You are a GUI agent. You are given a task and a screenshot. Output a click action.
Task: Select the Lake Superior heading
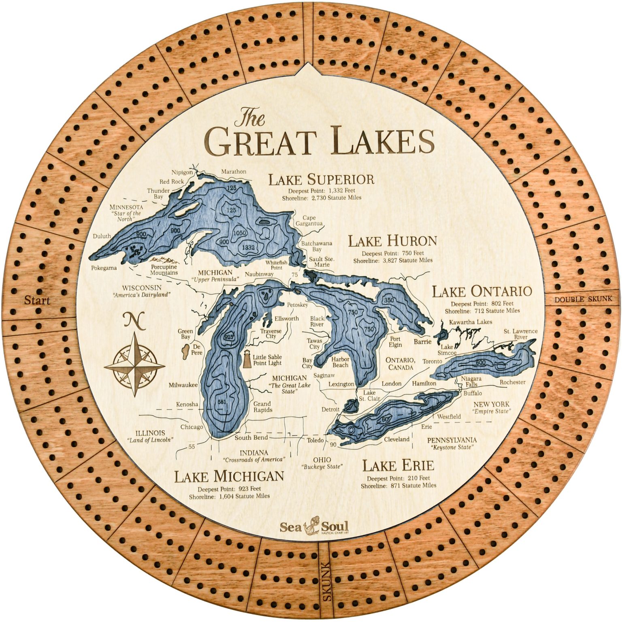pos(321,179)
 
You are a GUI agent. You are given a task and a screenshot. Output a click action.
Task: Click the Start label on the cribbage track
pos(37,300)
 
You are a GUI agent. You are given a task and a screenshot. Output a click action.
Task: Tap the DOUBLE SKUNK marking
pos(583,299)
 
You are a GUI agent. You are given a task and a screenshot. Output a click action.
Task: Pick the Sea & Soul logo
pos(314,527)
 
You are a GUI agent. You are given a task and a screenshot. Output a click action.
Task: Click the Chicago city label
pos(192,427)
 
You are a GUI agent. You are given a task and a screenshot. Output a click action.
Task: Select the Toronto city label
pos(433,361)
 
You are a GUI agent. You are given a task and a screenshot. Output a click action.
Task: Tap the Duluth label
pos(102,236)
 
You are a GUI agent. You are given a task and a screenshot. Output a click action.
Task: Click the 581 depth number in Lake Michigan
pos(222,402)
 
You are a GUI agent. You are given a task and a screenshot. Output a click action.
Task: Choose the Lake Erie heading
pos(398,466)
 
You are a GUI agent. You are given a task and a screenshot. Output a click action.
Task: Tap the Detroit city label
pos(330,409)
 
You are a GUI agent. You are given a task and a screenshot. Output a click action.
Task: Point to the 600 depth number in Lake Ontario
pos(481,362)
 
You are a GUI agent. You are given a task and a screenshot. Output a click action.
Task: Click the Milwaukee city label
pos(183,385)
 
